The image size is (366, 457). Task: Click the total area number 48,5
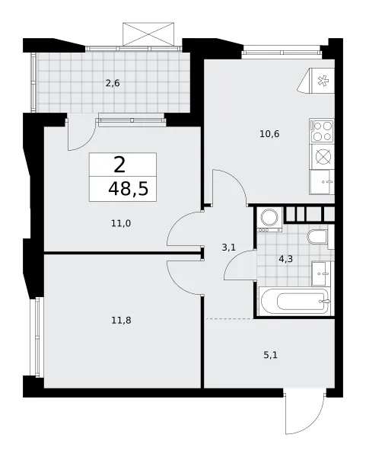pos(129,189)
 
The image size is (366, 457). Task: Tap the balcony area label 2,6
pos(113,83)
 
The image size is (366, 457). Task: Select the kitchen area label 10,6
pos(269,134)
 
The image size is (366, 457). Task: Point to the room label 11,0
pos(121,223)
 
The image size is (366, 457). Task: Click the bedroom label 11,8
pos(121,321)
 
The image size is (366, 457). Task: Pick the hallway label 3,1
pos(229,248)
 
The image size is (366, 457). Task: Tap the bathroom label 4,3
pos(285,259)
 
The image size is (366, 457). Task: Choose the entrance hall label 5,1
pos(270,355)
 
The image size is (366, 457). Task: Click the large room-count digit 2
pos(119,165)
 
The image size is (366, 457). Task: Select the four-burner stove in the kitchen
pos(322,131)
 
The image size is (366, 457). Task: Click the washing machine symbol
pos(269,220)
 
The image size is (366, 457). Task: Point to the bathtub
pos(294,302)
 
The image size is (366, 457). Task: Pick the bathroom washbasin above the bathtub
pos(321,274)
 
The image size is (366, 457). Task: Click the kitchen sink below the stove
pos(322,182)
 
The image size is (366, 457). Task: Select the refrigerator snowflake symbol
pos(323,81)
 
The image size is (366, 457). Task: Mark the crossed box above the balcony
pos(148,34)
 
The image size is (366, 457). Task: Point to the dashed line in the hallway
pos(230,319)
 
